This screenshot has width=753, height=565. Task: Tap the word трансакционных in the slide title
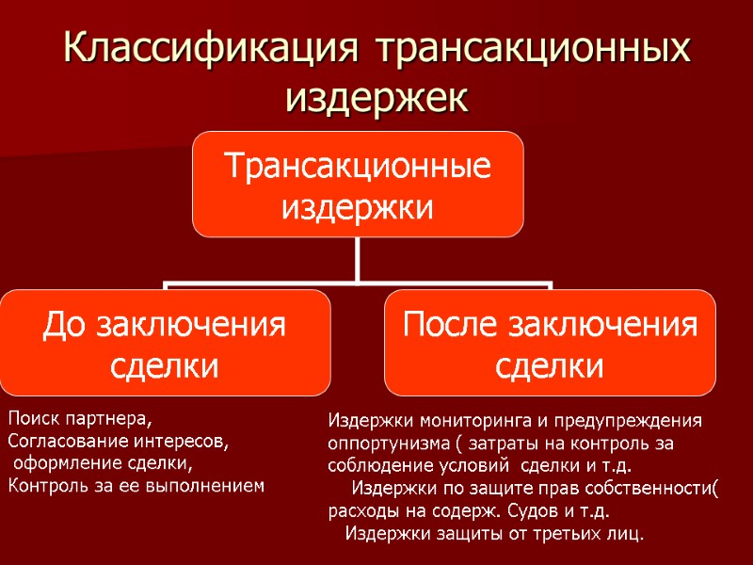pos(531,49)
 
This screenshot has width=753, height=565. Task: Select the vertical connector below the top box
pos(358,259)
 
